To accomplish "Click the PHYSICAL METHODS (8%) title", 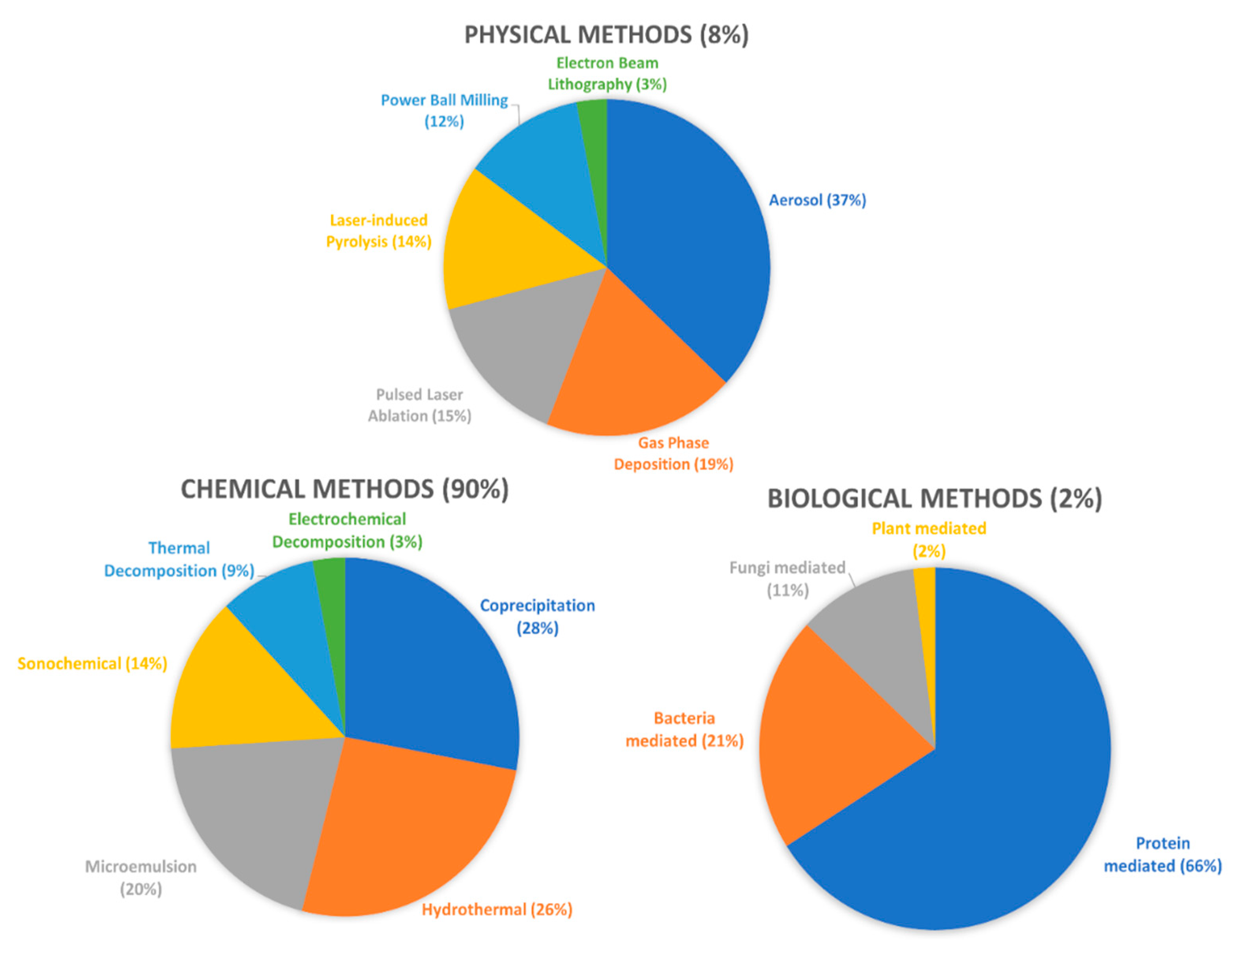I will (x=606, y=34).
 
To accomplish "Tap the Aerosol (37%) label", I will (x=817, y=200).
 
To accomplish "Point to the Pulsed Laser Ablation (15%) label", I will (x=419, y=405).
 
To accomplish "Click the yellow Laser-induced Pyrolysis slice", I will (x=505, y=247).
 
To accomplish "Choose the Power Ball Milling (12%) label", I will (x=444, y=110).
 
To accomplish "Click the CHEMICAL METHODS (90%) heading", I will (x=345, y=489).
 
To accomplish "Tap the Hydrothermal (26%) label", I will (x=497, y=909).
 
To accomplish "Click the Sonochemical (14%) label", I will (x=92, y=664).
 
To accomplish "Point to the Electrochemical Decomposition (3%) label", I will (x=347, y=530).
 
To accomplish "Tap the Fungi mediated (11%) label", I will (x=787, y=579).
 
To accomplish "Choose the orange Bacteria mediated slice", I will (x=833, y=741).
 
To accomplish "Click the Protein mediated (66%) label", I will (x=1162, y=854).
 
